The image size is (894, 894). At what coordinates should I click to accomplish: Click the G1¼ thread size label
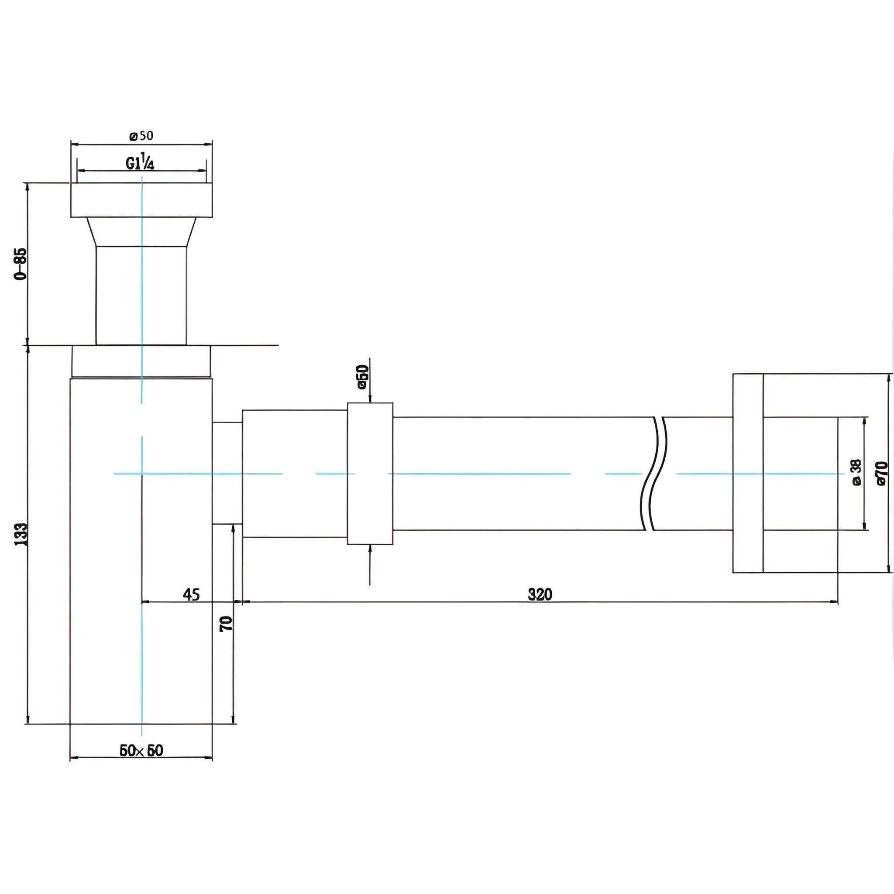140,163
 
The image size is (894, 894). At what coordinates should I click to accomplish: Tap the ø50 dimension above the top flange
141,136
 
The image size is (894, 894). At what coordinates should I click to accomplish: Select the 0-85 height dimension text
21,264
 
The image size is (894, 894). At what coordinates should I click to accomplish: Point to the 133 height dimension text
21,534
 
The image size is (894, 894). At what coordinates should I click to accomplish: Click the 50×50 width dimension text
141,763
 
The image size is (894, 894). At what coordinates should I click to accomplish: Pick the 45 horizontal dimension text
191,595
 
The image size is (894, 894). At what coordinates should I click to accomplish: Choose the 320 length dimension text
540,595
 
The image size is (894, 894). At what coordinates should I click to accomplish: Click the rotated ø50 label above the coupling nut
363,377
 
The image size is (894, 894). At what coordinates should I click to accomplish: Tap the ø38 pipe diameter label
856,472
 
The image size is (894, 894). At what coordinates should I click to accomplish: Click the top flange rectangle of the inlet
141,200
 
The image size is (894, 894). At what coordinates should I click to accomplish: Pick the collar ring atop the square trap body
141,361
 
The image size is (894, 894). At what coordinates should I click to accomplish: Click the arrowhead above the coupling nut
370,399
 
